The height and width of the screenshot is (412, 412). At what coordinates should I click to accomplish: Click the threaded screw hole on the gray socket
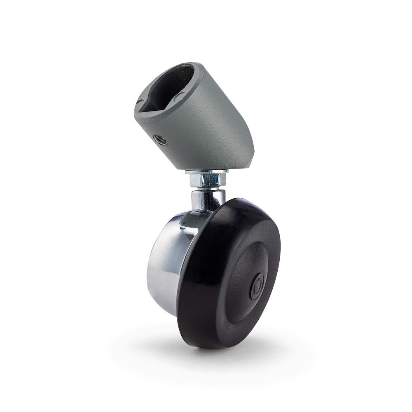pos(161,140)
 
